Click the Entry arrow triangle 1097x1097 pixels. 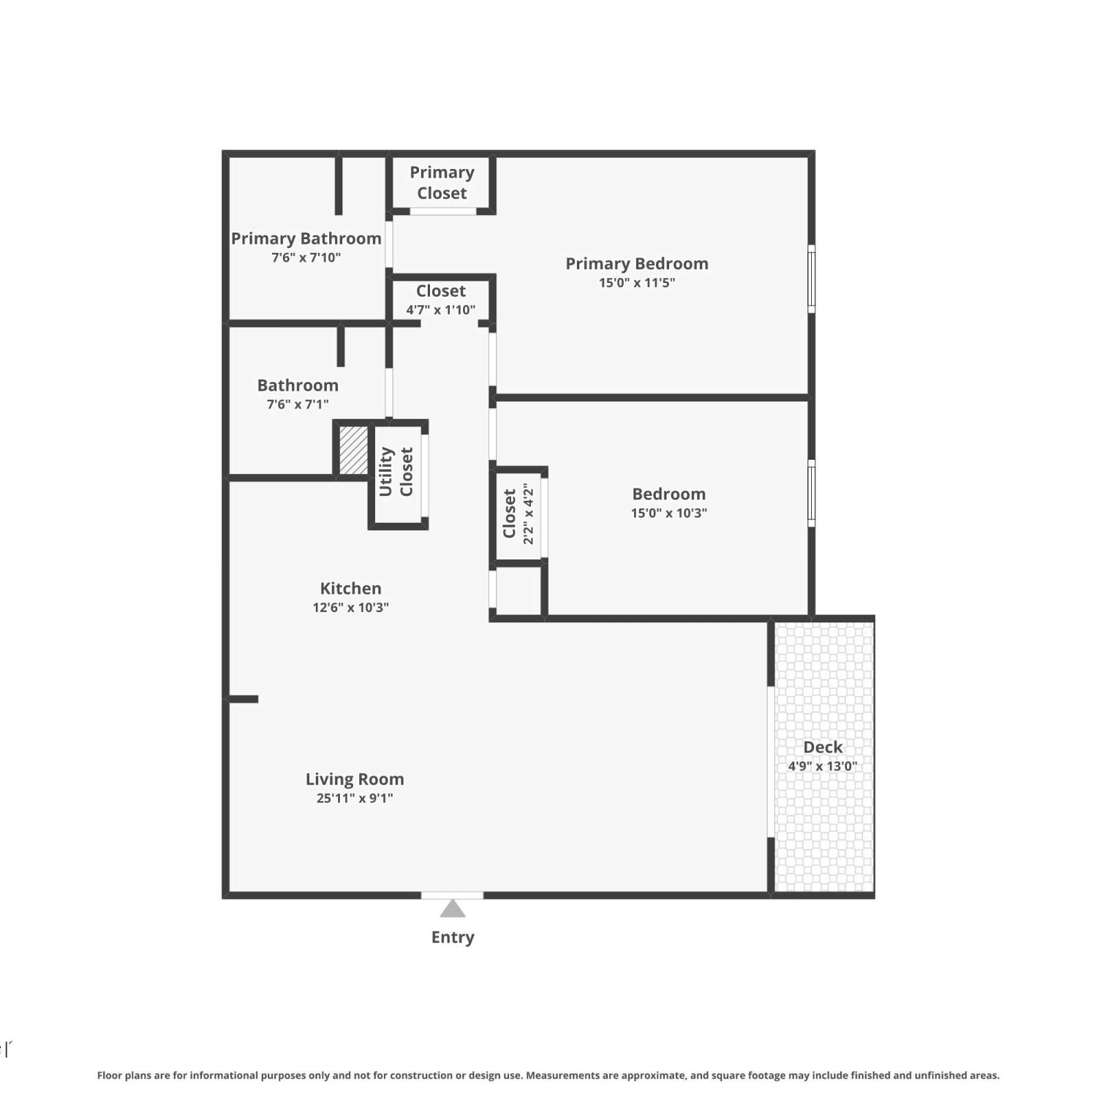(453, 908)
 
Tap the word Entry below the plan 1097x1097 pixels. (453, 938)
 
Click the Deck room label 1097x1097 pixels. (823, 747)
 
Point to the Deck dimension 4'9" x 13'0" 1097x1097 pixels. (823, 766)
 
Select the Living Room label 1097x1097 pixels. (355, 780)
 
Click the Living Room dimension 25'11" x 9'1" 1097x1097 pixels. (355, 799)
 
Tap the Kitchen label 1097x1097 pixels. (350, 588)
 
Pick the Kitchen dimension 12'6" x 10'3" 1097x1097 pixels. (350, 607)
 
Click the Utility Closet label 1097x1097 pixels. (396, 472)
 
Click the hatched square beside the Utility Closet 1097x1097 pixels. (354, 450)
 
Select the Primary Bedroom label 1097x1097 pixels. (637, 264)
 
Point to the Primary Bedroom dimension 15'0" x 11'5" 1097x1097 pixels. (637, 283)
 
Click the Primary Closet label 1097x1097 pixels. (442, 183)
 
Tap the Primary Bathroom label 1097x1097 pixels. (306, 238)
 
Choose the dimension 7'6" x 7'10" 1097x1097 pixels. (306, 257)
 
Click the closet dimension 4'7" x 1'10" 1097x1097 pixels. (441, 310)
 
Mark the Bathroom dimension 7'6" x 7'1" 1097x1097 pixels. (298, 404)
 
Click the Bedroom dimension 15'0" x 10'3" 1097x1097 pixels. (669, 513)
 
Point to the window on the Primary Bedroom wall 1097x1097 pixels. (811, 279)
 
